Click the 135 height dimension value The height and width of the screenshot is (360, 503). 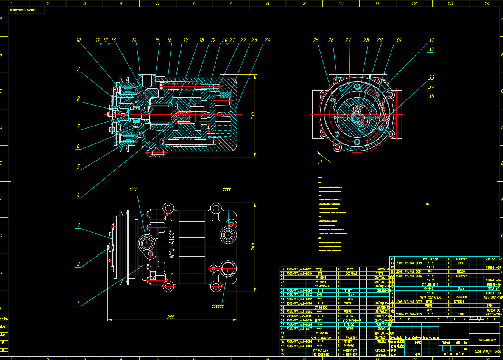pos(253,115)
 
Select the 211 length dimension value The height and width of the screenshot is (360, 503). pos(170,317)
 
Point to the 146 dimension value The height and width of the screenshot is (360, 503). pos(253,246)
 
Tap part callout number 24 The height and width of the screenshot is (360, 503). pos(267,40)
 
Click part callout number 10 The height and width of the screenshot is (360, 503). pos(78,40)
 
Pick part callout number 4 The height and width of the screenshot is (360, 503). pos(78,195)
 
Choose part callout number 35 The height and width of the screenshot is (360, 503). pos(431,96)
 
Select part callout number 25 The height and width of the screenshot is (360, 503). pos(316,40)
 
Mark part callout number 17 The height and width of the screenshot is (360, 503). pos(185,40)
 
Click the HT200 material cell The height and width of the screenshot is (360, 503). pos(461,272)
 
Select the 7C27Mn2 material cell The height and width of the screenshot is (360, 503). pos(351,273)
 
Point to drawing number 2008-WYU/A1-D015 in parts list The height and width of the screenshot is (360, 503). pos(409,263)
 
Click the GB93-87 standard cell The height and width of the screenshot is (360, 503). pos(493,289)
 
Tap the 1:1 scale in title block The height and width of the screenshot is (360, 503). pos(465,349)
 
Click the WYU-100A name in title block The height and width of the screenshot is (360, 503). pos(486,340)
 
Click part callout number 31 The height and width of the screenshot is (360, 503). pos(431,40)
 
